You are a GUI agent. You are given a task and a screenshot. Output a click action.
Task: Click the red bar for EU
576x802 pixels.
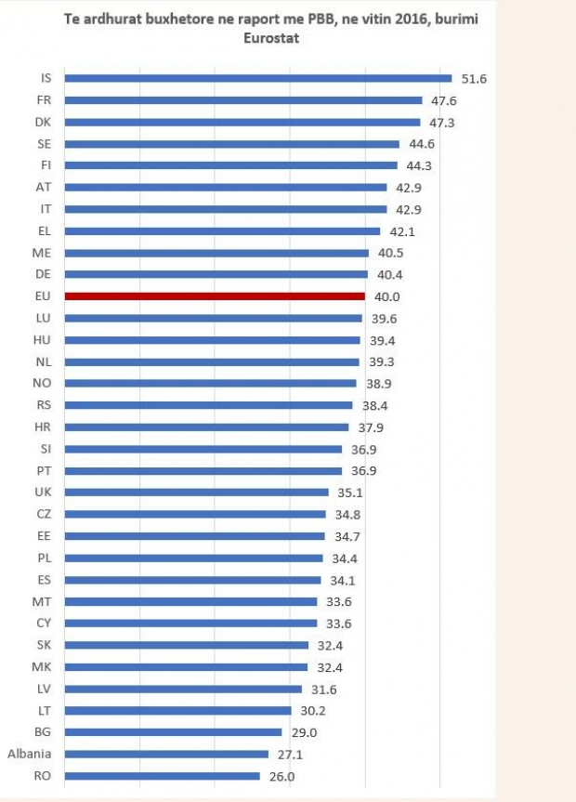pyautogui.click(x=214, y=296)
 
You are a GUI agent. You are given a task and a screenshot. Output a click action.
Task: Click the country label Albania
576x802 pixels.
pyautogui.click(x=30, y=754)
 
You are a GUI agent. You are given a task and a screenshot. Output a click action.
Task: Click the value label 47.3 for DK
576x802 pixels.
pyautogui.click(x=442, y=123)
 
